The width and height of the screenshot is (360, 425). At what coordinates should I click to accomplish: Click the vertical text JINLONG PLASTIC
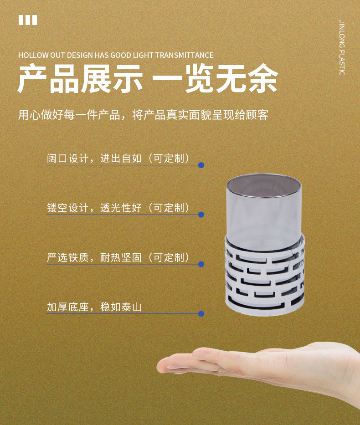(x=342, y=47)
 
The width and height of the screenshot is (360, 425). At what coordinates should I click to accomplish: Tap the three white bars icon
(x=28, y=20)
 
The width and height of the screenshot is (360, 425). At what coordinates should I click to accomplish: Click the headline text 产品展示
(x=80, y=79)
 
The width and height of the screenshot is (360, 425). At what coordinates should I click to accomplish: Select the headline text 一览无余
(x=215, y=79)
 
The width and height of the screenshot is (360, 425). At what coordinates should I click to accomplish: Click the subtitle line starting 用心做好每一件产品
(x=144, y=115)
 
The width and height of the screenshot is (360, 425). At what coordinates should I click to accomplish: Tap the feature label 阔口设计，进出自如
(x=94, y=158)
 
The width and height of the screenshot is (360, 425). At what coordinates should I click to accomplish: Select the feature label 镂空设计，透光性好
(x=94, y=208)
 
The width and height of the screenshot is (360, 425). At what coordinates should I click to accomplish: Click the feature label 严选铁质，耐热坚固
(x=94, y=257)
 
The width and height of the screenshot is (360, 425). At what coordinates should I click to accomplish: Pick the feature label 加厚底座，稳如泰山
(x=94, y=307)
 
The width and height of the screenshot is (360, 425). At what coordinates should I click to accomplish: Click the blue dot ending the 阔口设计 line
(x=201, y=165)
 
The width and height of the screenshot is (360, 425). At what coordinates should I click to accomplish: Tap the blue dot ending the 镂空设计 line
(x=201, y=215)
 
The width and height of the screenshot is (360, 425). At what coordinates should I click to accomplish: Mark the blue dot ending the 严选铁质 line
(x=201, y=264)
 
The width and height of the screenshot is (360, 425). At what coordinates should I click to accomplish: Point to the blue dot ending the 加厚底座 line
(x=201, y=314)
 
